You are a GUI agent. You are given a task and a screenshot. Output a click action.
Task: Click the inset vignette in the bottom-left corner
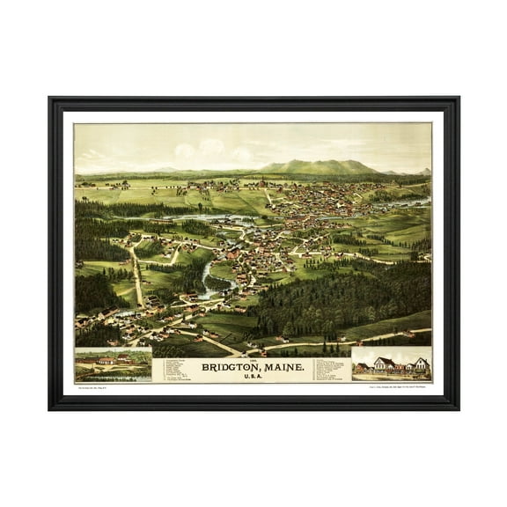(x=113, y=365)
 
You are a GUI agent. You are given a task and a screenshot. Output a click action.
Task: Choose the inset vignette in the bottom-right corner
(x=392, y=364)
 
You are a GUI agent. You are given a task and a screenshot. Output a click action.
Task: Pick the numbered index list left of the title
(x=174, y=369)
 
